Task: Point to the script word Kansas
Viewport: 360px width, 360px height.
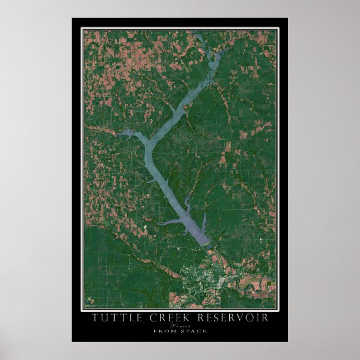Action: pos(179,325)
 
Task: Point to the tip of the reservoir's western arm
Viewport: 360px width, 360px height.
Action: pos(119,134)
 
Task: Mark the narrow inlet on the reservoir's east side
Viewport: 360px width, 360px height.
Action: pos(205,218)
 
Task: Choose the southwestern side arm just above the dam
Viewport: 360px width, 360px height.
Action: pos(168,223)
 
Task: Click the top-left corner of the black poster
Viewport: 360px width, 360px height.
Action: pos(72,18)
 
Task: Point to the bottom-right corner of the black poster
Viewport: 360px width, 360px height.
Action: pos(287,342)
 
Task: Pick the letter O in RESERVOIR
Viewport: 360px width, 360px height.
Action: pos(249,318)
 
